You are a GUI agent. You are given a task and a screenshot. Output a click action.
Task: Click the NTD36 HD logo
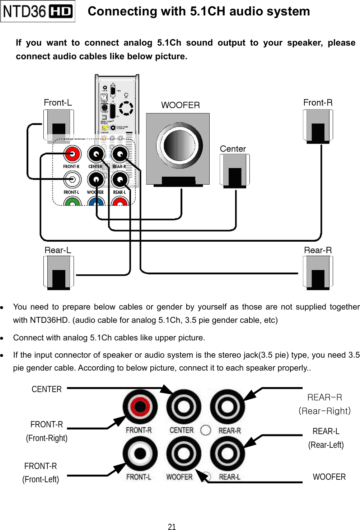point(38,11)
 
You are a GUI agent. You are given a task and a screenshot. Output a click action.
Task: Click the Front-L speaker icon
point(59,126)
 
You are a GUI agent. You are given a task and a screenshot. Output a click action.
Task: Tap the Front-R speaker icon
point(318,126)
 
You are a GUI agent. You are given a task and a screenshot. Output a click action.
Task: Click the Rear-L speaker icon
point(59,272)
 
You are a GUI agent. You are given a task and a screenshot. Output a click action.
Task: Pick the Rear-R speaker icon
point(318,272)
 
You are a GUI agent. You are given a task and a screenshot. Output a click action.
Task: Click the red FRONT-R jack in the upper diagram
point(73,154)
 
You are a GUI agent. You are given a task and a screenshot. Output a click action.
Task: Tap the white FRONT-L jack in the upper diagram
point(73,179)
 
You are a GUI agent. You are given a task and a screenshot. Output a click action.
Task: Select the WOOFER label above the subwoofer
point(180,105)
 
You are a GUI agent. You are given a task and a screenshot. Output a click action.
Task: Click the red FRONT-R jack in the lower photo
point(140,407)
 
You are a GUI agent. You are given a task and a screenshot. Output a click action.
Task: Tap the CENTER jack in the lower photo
point(183,407)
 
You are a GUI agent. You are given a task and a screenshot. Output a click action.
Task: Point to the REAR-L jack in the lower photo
point(227,454)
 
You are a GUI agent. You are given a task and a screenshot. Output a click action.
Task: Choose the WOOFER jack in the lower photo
point(183,454)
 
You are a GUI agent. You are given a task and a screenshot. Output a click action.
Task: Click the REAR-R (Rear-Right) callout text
point(324,404)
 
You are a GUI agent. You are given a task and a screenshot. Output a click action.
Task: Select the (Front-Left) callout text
point(41,479)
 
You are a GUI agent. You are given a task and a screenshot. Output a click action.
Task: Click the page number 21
point(172,527)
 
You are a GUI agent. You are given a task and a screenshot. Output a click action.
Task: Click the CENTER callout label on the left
point(47,389)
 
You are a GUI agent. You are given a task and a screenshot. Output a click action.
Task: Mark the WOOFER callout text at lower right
point(329,477)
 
